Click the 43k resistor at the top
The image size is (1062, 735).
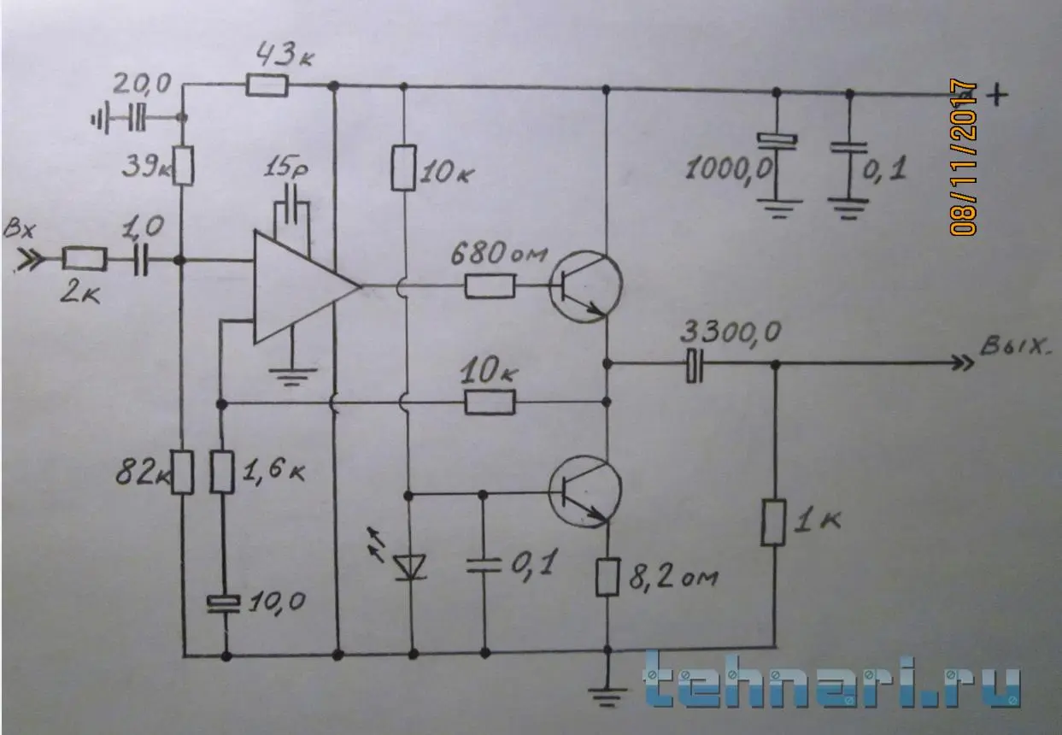(267, 87)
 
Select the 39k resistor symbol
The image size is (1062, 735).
(183, 166)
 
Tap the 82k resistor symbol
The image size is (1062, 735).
(183, 473)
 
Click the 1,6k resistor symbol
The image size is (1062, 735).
(222, 473)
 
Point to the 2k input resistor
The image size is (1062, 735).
(85, 259)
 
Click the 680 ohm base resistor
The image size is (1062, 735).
(490, 286)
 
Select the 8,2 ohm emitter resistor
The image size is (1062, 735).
(607, 577)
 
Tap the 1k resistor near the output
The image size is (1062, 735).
(773, 522)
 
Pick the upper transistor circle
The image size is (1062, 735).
(585, 287)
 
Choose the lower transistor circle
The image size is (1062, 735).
(585, 491)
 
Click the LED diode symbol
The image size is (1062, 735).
(411, 567)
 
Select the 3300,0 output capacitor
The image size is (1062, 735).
(695, 365)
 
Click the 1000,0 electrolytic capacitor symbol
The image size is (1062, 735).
(777, 141)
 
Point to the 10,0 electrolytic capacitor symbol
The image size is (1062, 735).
(224, 603)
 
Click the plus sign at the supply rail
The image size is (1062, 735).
(997, 95)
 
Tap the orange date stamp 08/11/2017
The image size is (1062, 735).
(964, 157)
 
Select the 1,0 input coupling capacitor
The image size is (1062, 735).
(141, 259)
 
